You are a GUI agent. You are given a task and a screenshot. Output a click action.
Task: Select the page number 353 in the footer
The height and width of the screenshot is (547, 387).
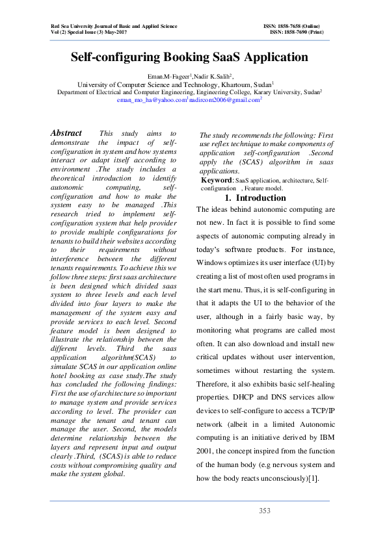[264, 511]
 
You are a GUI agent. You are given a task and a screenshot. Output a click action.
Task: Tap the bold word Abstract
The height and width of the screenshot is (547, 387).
[66, 133]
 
